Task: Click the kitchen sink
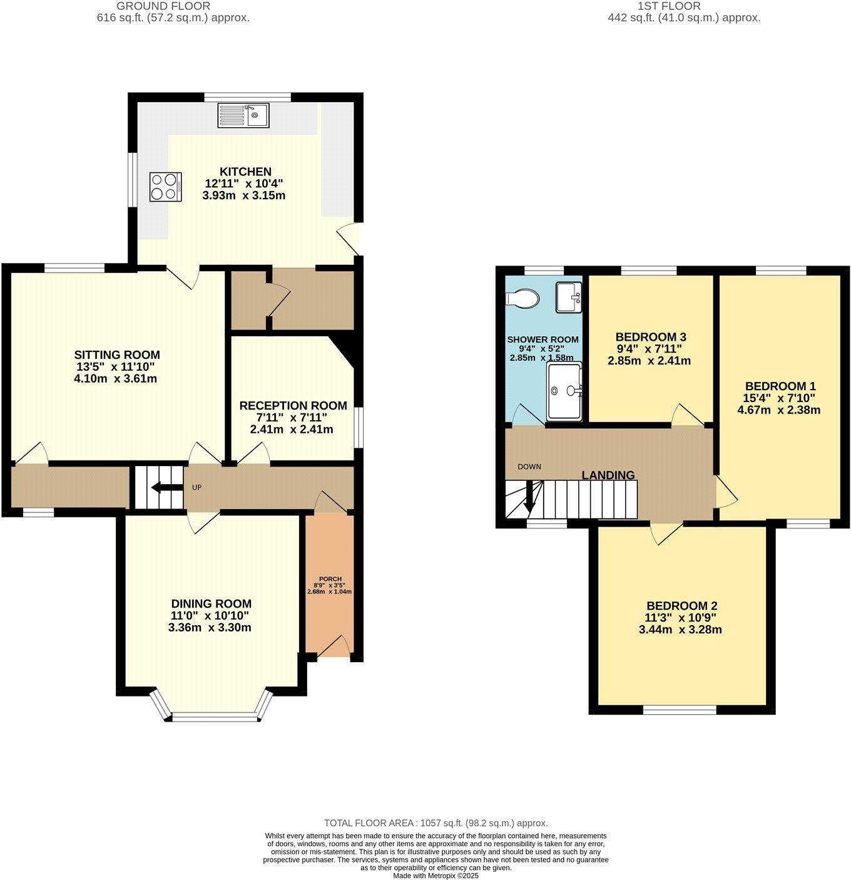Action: coord(243,115)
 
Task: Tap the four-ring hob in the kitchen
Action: coord(165,187)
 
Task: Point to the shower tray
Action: coord(564,391)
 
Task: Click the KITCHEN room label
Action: coord(245,172)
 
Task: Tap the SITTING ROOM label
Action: coord(117,355)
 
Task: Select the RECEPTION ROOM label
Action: coord(293,406)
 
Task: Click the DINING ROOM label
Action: coord(211,604)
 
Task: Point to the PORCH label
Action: coord(330,579)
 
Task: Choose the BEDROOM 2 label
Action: coord(681,606)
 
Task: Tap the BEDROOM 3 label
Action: coord(646,337)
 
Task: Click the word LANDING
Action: coord(608,475)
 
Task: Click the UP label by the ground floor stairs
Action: coord(196,487)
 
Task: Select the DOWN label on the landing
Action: coord(529,467)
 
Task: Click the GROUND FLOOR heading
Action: coord(163,6)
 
